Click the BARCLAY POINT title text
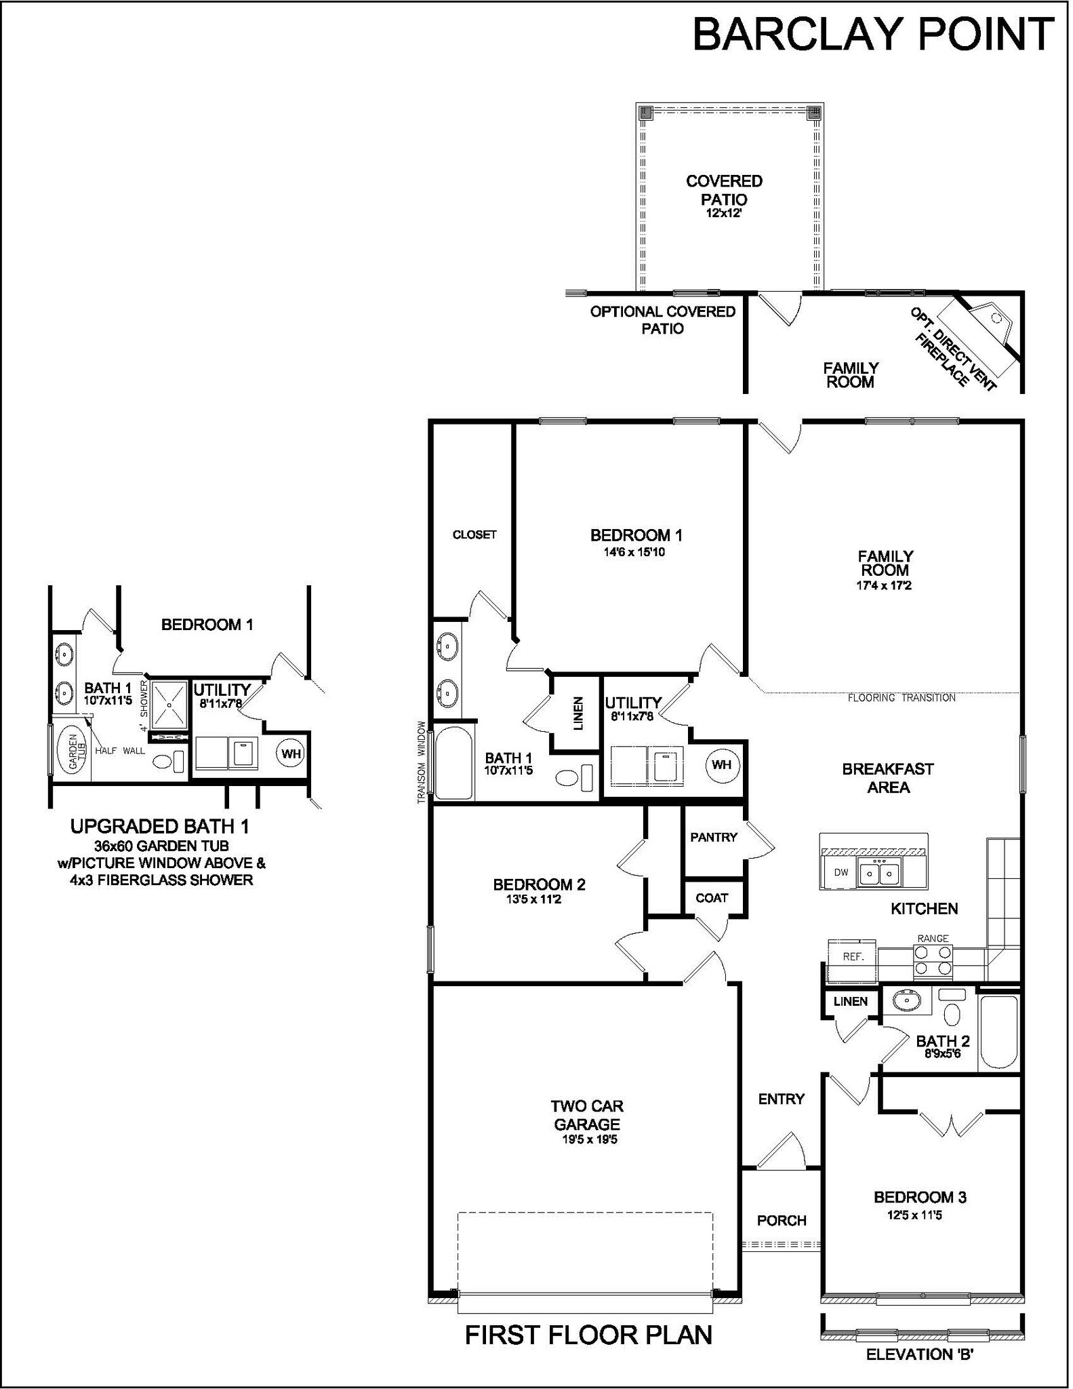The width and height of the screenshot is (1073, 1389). [x=873, y=35]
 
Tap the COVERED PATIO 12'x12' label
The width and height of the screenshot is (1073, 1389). [x=724, y=196]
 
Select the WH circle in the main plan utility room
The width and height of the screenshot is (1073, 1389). [x=722, y=765]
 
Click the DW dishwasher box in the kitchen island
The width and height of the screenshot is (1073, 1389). [x=841, y=873]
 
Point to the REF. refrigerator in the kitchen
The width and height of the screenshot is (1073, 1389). [x=852, y=957]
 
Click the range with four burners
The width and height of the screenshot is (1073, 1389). [x=933, y=960]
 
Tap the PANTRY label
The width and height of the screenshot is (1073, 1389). [x=713, y=838]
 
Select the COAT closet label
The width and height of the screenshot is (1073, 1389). [x=712, y=898]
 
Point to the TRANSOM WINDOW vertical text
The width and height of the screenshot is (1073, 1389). [x=421, y=762]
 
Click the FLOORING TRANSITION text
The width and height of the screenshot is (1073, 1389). [x=902, y=698]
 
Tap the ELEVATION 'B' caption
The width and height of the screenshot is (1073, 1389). [x=920, y=1355]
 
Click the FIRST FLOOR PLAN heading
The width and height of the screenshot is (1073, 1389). [x=588, y=1335]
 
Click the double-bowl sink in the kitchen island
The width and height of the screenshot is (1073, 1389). [x=879, y=874]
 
